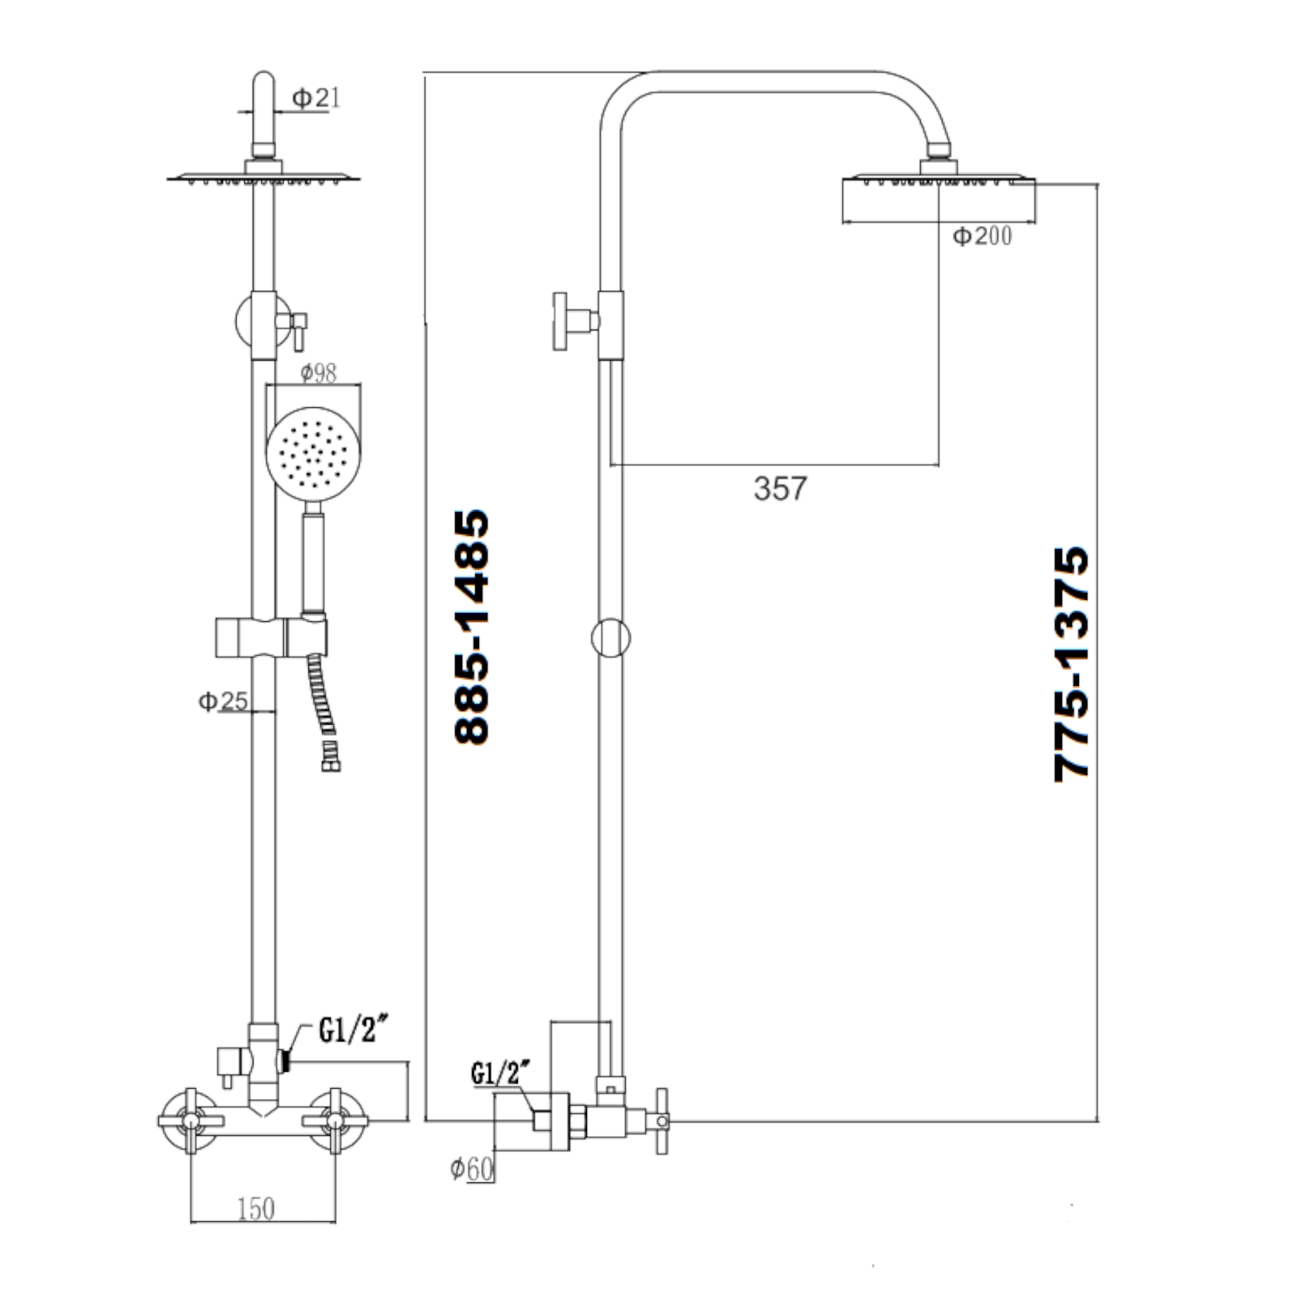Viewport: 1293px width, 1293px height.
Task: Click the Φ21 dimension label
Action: click(316, 99)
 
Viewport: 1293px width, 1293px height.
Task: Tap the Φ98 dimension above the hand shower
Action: click(318, 373)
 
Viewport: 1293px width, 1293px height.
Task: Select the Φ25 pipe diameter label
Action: click(223, 701)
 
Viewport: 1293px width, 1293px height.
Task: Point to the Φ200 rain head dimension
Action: click(982, 235)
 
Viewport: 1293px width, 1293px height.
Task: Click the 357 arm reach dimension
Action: click(780, 489)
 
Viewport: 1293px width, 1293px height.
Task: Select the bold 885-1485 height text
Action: click(473, 627)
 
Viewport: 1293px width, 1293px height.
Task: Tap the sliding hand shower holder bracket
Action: click(271, 638)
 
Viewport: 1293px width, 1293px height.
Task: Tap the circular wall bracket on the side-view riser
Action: click(610, 638)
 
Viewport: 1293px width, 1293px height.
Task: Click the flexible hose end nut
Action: click(330, 764)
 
